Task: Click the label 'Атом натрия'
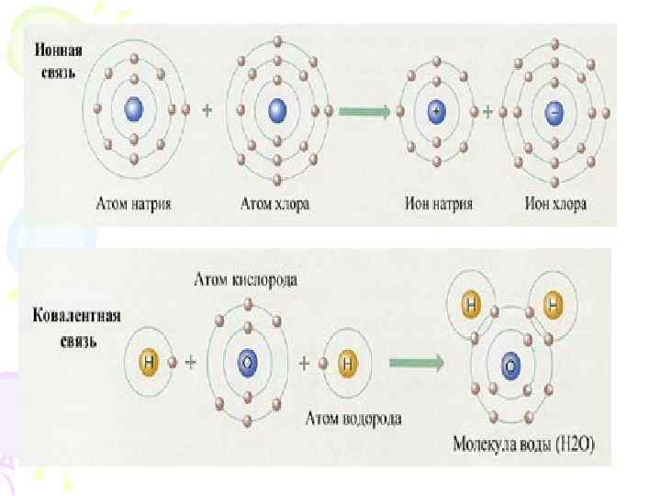[134, 203]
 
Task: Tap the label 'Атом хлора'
[274, 203]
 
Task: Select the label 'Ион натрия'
[437, 203]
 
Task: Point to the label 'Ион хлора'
[555, 203]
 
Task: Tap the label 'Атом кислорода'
[245, 277]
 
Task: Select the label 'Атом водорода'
[353, 419]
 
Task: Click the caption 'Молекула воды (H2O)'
[524, 446]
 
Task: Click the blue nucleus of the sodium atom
[134, 110]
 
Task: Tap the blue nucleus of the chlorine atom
[277, 110]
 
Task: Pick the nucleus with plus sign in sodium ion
[437, 111]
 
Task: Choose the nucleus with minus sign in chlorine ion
[555, 111]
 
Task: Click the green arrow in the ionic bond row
[365, 110]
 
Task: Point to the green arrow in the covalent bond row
[416, 362]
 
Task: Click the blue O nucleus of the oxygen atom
[246, 363]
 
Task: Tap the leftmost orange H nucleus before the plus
[150, 362]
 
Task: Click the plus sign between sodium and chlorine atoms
[207, 110]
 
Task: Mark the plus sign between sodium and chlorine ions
[489, 111]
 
